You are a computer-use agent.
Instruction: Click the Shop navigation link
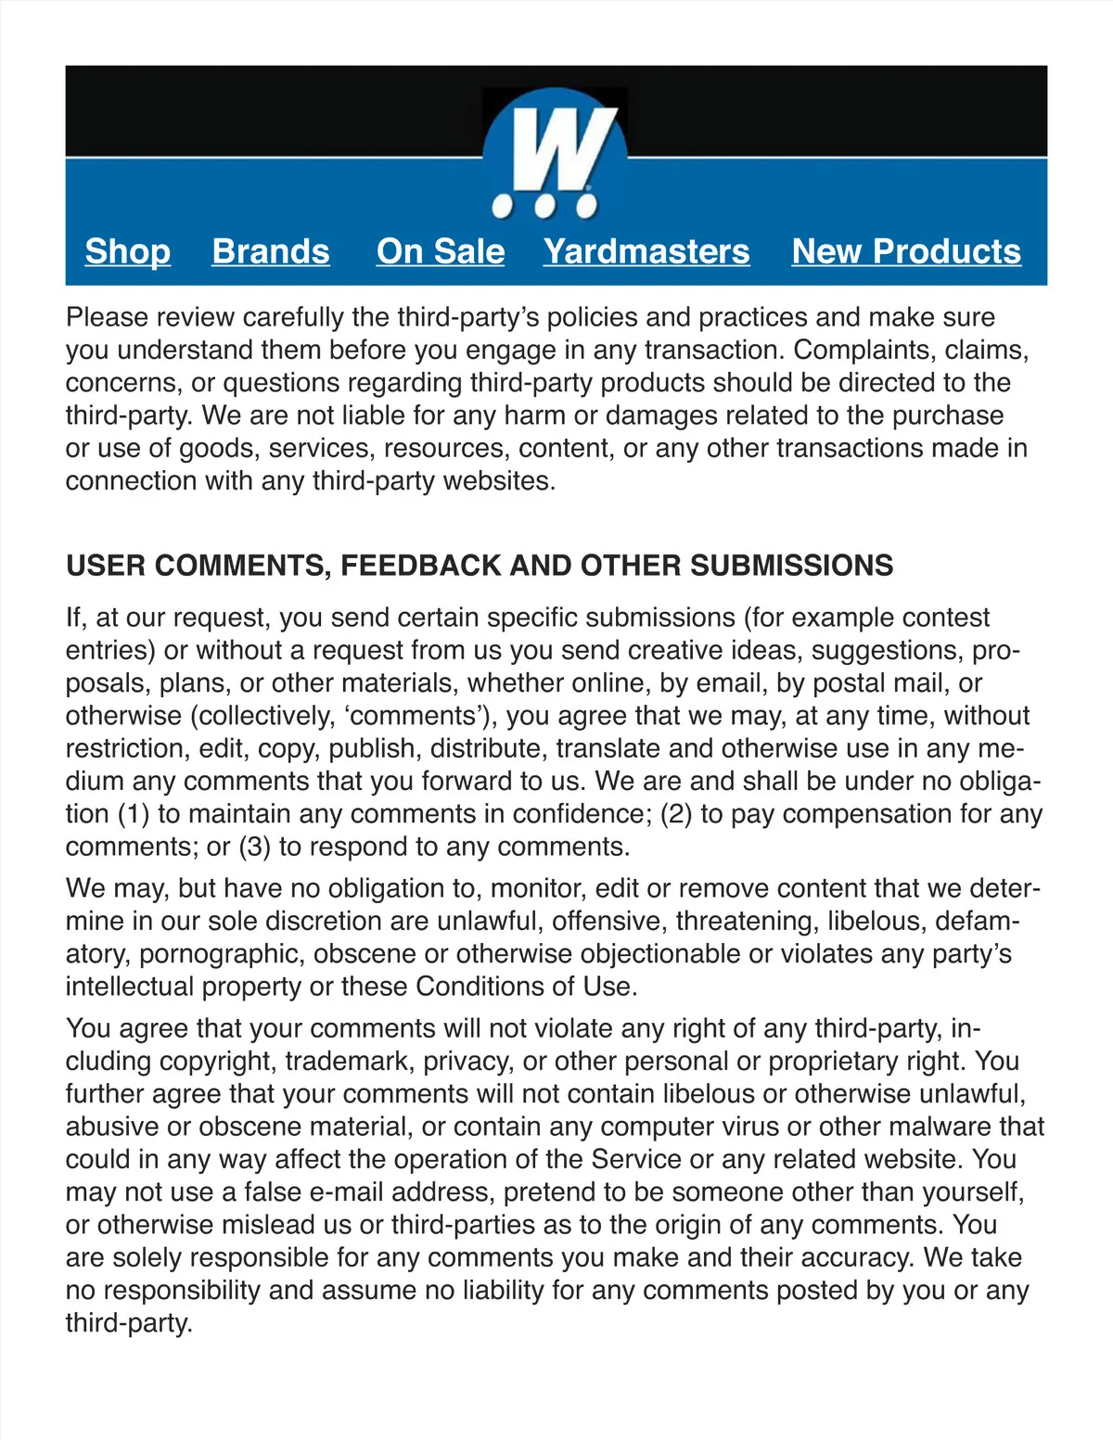pos(127,251)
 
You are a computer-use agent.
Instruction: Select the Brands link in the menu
pos(270,251)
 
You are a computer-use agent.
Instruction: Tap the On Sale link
pos(441,251)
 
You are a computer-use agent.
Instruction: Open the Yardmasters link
pos(646,251)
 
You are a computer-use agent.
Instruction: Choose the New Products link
pos(906,251)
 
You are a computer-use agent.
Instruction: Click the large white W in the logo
pos(557,148)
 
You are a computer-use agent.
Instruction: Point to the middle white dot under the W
pos(547,206)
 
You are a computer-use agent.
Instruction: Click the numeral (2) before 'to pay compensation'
pos(676,814)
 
